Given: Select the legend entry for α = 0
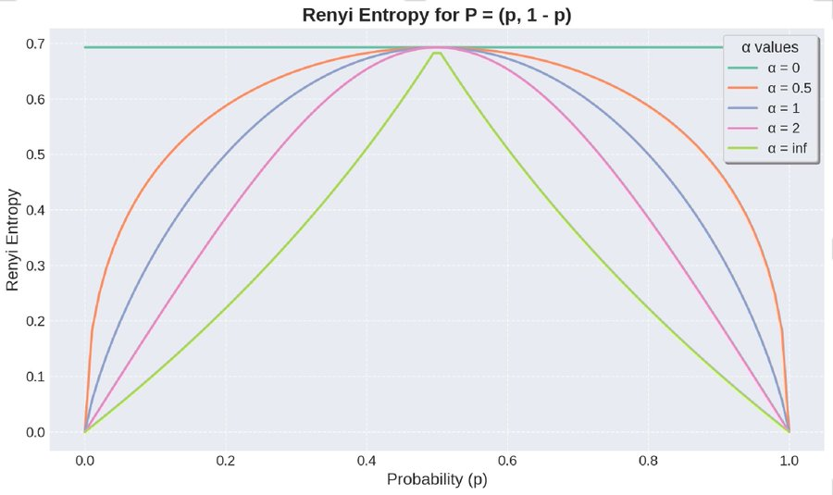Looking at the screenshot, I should [772, 67].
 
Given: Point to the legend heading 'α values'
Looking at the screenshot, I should [772, 46].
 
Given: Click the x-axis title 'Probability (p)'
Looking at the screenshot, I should [437, 479].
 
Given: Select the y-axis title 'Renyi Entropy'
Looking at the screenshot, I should [13, 238].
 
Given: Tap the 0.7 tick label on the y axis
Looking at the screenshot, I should [35, 43].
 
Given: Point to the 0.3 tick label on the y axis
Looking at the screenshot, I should [35, 266].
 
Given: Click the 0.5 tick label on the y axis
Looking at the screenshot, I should [35, 155].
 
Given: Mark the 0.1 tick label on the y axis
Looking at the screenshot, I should [35, 377].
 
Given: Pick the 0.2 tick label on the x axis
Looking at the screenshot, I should [226, 458].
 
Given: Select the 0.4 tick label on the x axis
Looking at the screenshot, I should [367, 458].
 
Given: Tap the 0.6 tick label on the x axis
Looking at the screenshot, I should [507, 458].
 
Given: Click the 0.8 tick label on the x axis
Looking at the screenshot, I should [648, 458].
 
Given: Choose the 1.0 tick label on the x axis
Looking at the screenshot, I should [789, 458].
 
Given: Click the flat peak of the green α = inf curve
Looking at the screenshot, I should [437, 53].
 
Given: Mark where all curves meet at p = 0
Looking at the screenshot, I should [85, 431].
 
